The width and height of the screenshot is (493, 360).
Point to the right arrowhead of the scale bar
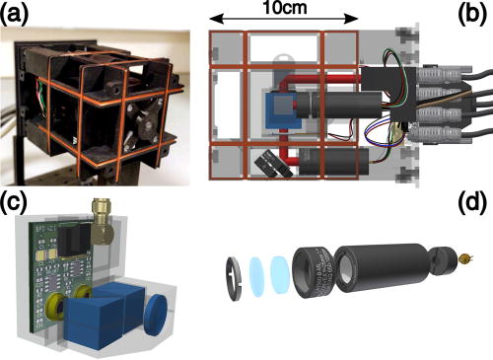356,20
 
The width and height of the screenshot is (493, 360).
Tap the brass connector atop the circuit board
103,212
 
